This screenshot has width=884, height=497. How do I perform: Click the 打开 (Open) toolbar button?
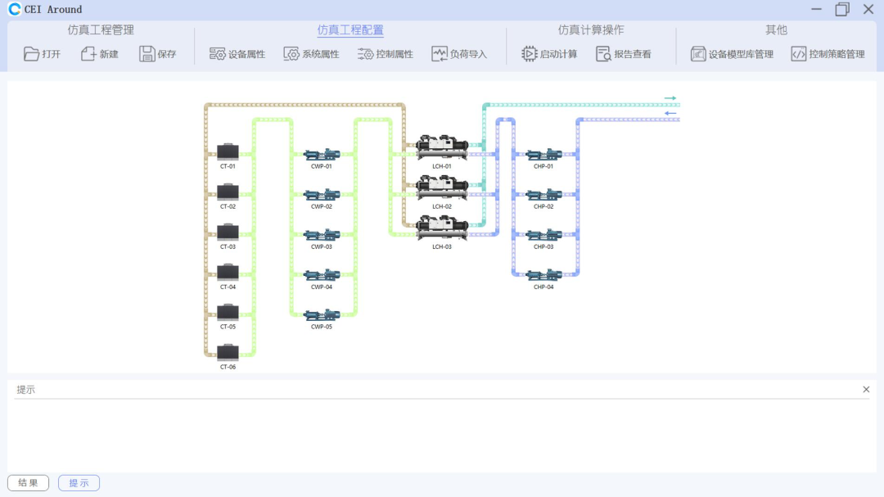pos(43,54)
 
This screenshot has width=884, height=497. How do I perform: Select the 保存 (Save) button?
pos(158,54)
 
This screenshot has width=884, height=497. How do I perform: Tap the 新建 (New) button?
pos(100,54)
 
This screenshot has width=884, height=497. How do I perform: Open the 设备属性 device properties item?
pos(237,54)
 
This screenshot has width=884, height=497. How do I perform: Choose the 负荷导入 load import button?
pos(459,54)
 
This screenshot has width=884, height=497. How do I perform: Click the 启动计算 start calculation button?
pos(549,54)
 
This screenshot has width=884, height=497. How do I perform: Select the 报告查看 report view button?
pos(624,54)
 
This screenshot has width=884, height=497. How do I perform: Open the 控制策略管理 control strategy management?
pos(828,54)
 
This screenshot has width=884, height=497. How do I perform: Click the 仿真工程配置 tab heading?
pos(350,30)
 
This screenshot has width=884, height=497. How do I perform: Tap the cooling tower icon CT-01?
pos(228,152)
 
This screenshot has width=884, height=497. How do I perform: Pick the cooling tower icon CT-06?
pos(228,353)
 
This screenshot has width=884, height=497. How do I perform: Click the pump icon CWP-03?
pos(322,235)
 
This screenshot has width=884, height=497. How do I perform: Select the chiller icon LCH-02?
pos(442,188)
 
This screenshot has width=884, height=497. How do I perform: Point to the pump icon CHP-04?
pos(543,275)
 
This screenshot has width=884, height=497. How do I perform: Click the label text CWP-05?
pos(322,328)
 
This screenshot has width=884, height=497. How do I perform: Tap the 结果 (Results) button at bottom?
pos(28,483)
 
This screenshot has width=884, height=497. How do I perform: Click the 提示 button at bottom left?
pos(79,483)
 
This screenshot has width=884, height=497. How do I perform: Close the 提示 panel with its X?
pos(866,390)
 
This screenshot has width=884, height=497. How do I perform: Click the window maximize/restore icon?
pos(842,9)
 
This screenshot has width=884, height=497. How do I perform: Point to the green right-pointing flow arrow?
pos(670,98)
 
